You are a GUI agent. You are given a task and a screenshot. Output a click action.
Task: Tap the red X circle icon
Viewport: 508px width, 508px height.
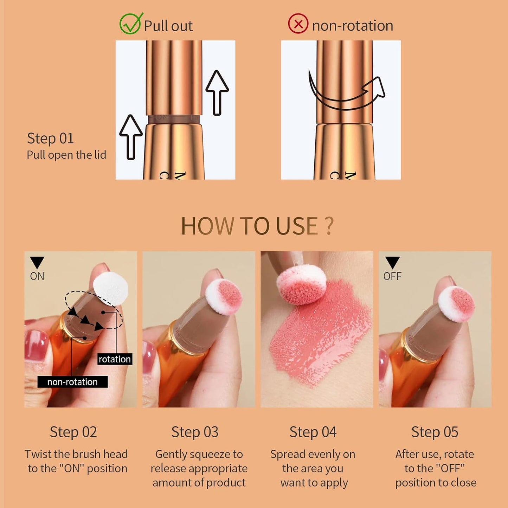[298, 24]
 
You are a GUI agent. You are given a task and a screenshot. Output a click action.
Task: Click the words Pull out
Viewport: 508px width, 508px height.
[168, 26]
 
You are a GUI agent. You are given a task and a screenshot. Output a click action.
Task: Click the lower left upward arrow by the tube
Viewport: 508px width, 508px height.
[131, 137]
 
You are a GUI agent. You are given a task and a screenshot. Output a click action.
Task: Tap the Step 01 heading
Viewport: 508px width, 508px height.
[50, 139]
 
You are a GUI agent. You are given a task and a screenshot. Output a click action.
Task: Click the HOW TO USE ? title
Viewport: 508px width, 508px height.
[257, 226]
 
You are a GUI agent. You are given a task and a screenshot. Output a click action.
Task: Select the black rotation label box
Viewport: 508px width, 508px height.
[115, 359]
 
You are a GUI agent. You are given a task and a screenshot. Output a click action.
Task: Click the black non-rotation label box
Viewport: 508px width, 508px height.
[72, 382]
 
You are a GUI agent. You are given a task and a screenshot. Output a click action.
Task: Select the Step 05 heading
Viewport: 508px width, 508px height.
[435, 432]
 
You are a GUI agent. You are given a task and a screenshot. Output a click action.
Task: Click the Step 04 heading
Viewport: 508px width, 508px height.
[313, 432]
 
